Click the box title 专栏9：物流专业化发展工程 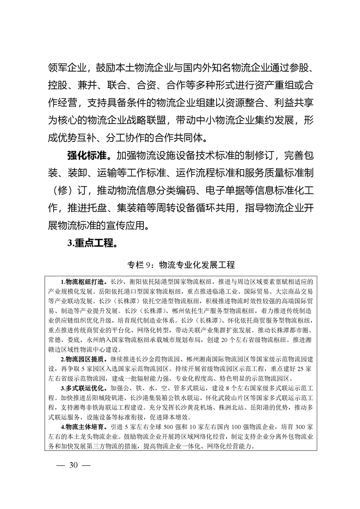(180, 264)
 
